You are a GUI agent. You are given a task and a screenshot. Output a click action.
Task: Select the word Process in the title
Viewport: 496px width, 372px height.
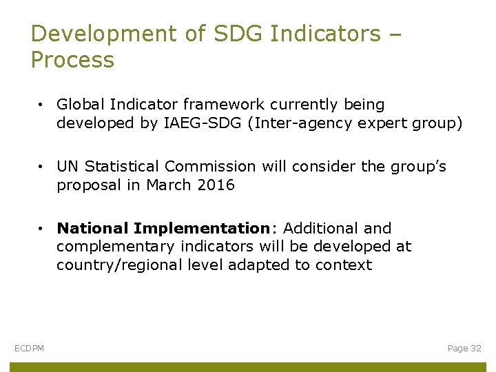pyautogui.click(x=72, y=60)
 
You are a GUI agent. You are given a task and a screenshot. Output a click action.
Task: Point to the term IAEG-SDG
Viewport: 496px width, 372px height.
pyautogui.click(x=211, y=123)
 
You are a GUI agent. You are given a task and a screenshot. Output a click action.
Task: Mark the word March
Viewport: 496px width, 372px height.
pyautogui.click(x=168, y=185)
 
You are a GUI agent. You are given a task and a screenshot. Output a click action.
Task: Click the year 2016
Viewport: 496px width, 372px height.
pyautogui.click(x=215, y=185)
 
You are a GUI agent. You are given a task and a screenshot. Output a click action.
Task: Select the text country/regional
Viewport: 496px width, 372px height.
pyautogui.click(x=120, y=265)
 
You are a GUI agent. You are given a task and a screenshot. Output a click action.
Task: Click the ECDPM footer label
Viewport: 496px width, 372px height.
pyautogui.click(x=29, y=349)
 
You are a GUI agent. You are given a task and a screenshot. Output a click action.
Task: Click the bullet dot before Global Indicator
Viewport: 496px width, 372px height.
pyautogui.click(x=42, y=105)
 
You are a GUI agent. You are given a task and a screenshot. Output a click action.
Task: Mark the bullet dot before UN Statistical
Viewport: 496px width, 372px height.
pyautogui.click(x=42, y=167)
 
